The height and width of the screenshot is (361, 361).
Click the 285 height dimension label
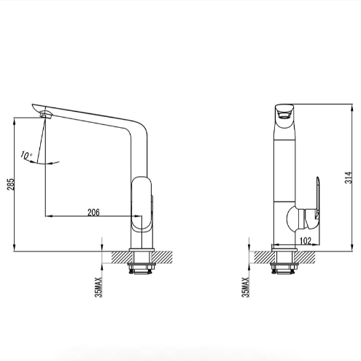(x=11, y=184)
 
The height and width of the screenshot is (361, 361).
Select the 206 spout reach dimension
(x=93, y=212)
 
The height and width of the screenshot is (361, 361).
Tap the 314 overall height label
(x=348, y=178)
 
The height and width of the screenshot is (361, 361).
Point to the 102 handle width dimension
(x=306, y=240)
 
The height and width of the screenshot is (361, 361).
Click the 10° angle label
(x=26, y=155)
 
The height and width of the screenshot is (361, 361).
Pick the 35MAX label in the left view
(x=98, y=287)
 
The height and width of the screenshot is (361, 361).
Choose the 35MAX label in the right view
(x=246, y=287)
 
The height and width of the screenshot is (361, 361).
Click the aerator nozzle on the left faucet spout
(x=46, y=115)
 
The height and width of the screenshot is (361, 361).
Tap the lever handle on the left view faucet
(x=142, y=204)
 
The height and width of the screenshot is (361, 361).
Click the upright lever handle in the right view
(x=317, y=197)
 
